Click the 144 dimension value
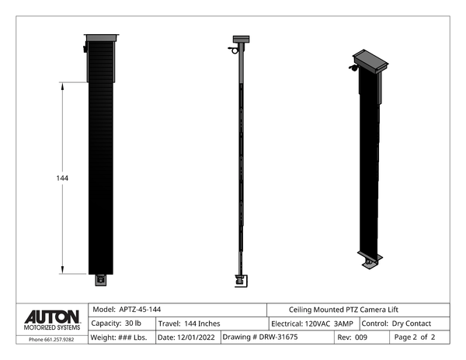click(x=62, y=178)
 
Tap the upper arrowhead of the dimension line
click(x=62, y=86)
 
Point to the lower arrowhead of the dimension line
click(x=62, y=270)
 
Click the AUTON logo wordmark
click(x=52, y=317)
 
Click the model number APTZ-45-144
click(x=140, y=310)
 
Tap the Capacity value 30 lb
click(x=133, y=324)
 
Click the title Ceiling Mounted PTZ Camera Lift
click(x=343, y=310)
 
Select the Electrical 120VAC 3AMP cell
click(x=312, y=324)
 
